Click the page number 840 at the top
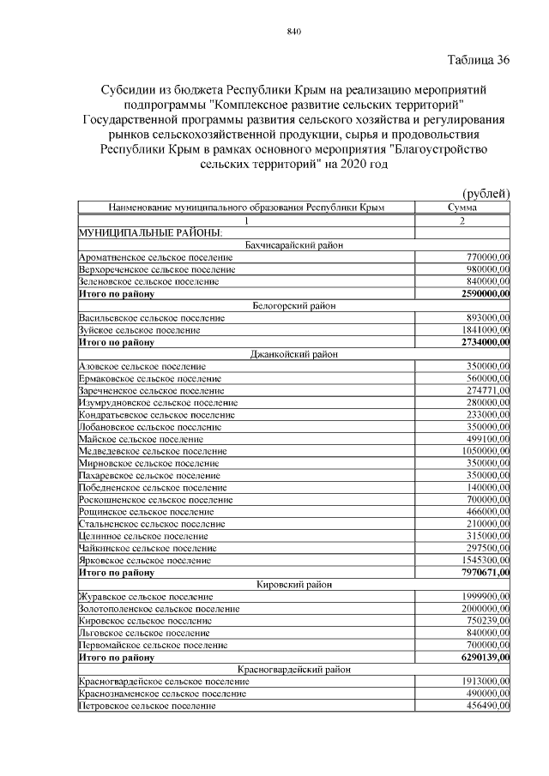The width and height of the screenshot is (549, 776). [x=293, y=32]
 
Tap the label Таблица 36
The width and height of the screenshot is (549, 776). [x=479, y=60]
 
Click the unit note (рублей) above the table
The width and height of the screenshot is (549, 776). [x=486, y=194]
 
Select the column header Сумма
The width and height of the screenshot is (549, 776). [x=462, y=208]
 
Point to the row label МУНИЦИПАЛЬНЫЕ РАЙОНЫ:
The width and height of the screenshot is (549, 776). [x=151, y=232]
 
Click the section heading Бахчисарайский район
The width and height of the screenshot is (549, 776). [x=294, y=245]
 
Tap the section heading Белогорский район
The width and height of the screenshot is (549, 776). [x=294, y=305]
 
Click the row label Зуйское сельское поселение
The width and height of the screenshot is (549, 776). [x=139, y=330]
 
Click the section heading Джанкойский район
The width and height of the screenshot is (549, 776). [x=294, y=353]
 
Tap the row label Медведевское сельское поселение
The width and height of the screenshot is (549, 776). [x=153, y=450]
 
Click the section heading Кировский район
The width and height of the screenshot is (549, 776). [x=294, y=584]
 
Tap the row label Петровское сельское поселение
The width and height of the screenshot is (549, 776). [x=147, y=706]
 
